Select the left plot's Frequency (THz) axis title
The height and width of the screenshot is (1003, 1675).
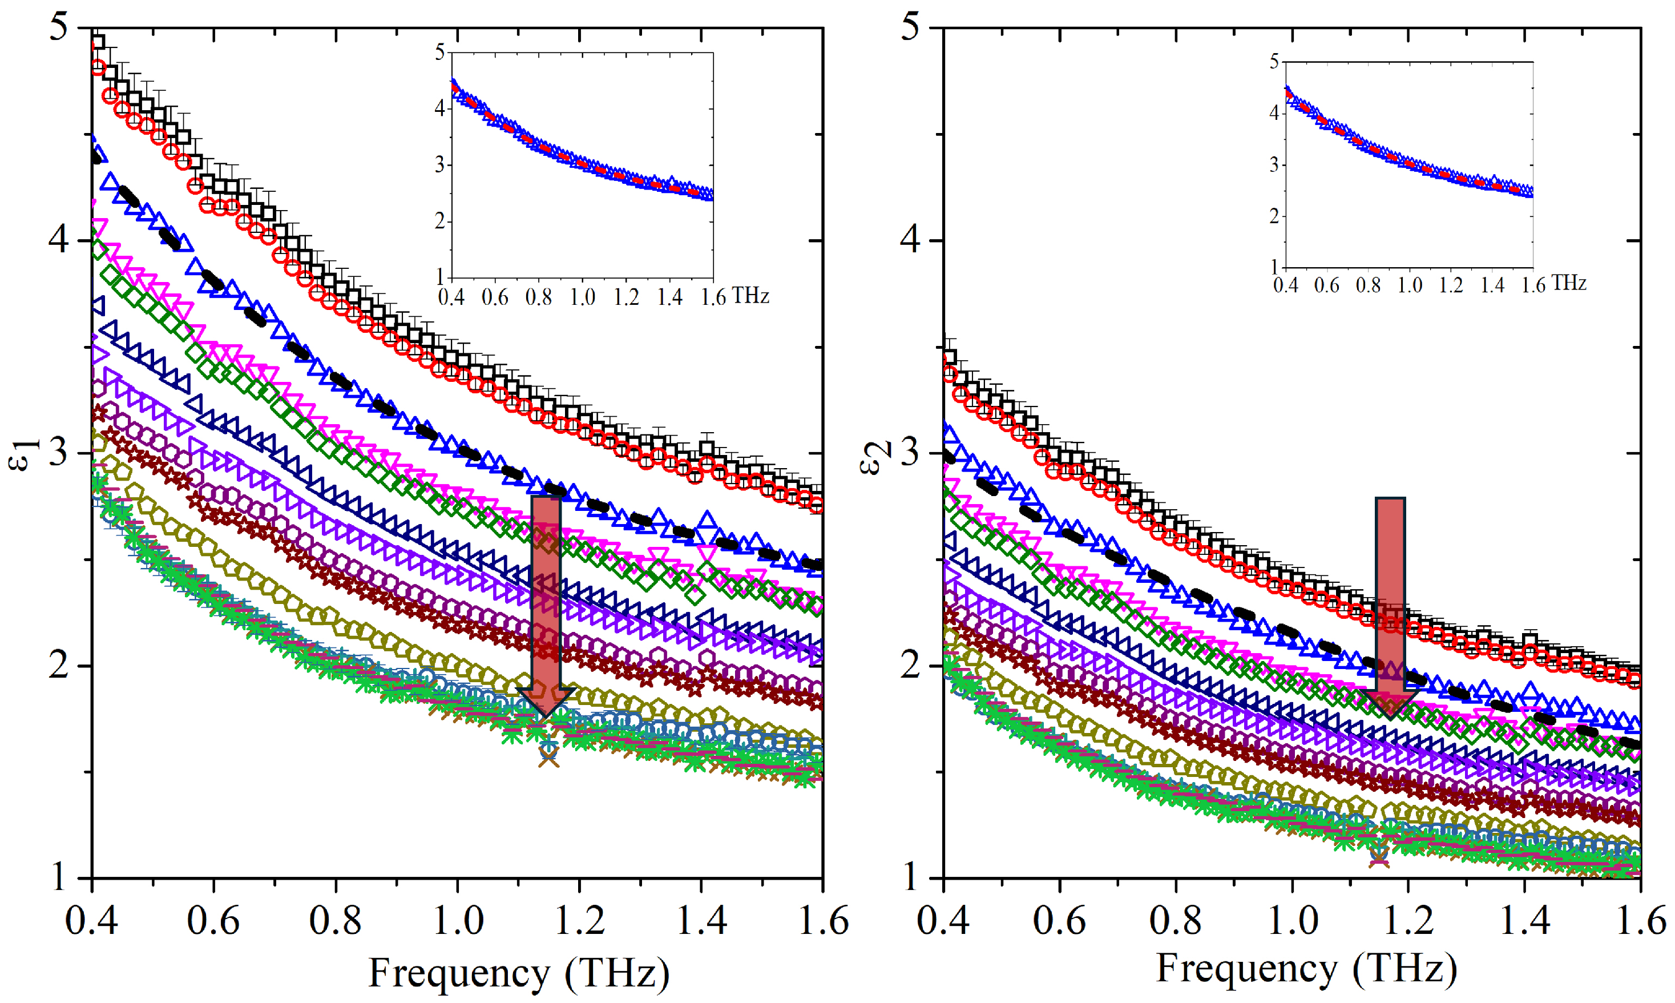pos(518,974)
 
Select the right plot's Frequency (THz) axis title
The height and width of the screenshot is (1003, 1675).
pos(1307,969)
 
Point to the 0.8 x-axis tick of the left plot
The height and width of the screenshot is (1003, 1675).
pos(335,921)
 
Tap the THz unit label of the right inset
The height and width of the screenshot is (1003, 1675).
pos(1568,283)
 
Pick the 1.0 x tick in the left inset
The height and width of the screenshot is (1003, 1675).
pos(583,297)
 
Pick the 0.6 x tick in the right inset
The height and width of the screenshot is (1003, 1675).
pos(1326,285)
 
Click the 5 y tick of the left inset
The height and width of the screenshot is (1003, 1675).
pos(440,52)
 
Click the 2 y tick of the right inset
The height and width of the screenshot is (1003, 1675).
pos(1274,216)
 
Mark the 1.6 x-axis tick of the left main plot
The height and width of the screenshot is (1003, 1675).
pos(822,921)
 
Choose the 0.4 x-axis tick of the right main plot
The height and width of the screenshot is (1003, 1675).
pos(943,921)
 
